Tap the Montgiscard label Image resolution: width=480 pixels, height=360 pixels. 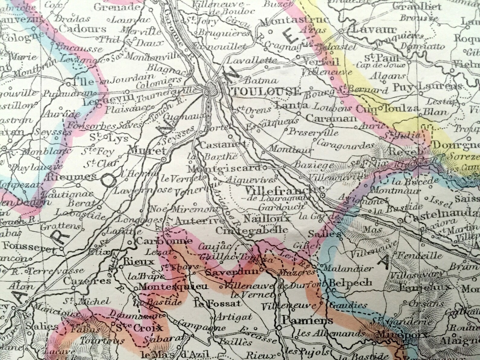[224, 168]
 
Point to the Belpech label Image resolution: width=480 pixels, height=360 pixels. [350, 283]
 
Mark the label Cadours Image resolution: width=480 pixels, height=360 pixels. [83, 29]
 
